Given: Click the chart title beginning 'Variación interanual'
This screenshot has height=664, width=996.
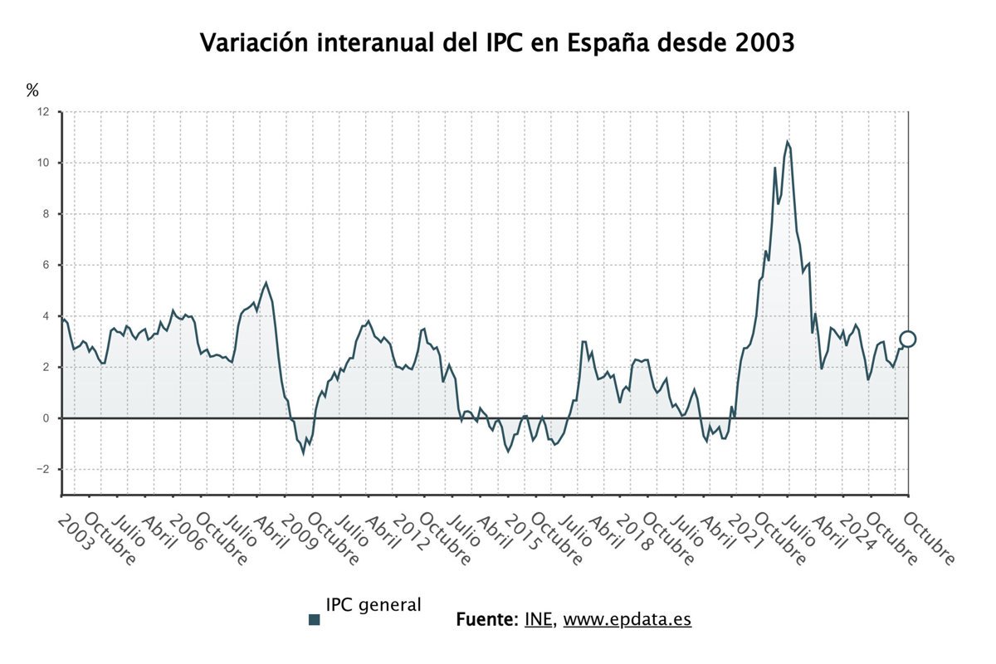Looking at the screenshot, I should point(498,44).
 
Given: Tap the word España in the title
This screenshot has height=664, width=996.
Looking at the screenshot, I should point(607,44).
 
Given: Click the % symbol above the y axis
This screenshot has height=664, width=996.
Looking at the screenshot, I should point(32,90).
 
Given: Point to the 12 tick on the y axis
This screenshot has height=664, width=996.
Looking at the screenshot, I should point(43,111).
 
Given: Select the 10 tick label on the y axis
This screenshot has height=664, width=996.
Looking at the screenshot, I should point(43,163).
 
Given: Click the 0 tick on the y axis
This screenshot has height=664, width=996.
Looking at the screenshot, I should point(46,418).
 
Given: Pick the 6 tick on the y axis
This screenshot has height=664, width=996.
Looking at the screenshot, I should point(46,265).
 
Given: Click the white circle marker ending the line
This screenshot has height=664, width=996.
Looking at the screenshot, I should point(908,339).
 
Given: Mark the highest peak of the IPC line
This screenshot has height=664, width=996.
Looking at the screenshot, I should point(787,142).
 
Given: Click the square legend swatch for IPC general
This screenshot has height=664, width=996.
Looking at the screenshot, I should point(314,619).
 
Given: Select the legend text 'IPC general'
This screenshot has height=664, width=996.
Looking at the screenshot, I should point(373,605).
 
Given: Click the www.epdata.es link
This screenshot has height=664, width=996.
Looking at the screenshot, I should point(627,619).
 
